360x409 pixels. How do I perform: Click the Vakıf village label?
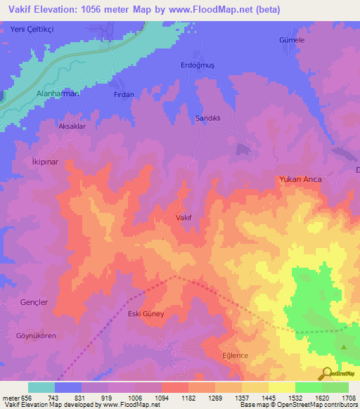(x=183, y=218)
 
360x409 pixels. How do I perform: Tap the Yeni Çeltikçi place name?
(x=32, y=29)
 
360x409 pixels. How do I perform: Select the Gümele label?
(x=292, y=41)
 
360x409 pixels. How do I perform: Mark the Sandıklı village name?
(x=208, y=119)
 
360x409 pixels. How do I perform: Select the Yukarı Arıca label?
(x=300, y=179)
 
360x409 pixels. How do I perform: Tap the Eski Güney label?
(x=146, y=314)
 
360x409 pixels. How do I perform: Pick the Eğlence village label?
(x=235, y=355)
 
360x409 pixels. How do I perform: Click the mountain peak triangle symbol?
(x=344, y=346)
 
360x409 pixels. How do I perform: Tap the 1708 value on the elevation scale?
(x=349, y=398)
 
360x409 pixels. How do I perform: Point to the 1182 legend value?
(x=188, y=398)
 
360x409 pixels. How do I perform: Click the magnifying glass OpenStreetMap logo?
(x=326, y=373)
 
